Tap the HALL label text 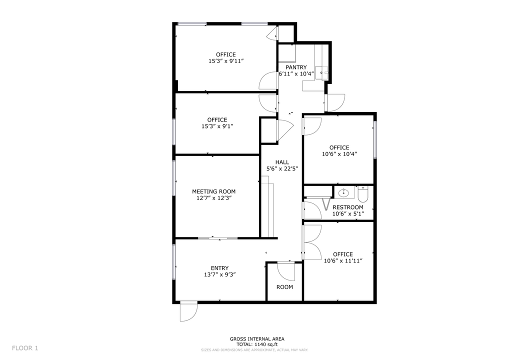pyautogui.click(x=282, y=162)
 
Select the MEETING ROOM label pyautogui.click(x=213, y=191)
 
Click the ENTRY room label pyautogui.click(x=219, y=268)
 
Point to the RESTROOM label pyautogui.click(x=348, y=207)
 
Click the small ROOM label pyautogui.click(x=284, y=287)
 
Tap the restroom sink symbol pyautogui.click(x=344, y=192)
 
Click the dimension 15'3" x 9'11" pyautogui.click(x=226, y=61)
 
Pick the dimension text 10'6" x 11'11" pyautogui.click(x=343, y=260)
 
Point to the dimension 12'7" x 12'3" pyautogui.click(x=213, y=198)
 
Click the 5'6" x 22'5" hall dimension pyautogui.click(x=282, y=168)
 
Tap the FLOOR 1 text pyautogui.click(x=25, y=348)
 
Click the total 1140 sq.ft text pyautogui.click(x=257, y=344)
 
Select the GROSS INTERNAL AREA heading pyautogui.click(x=257, y=338)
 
